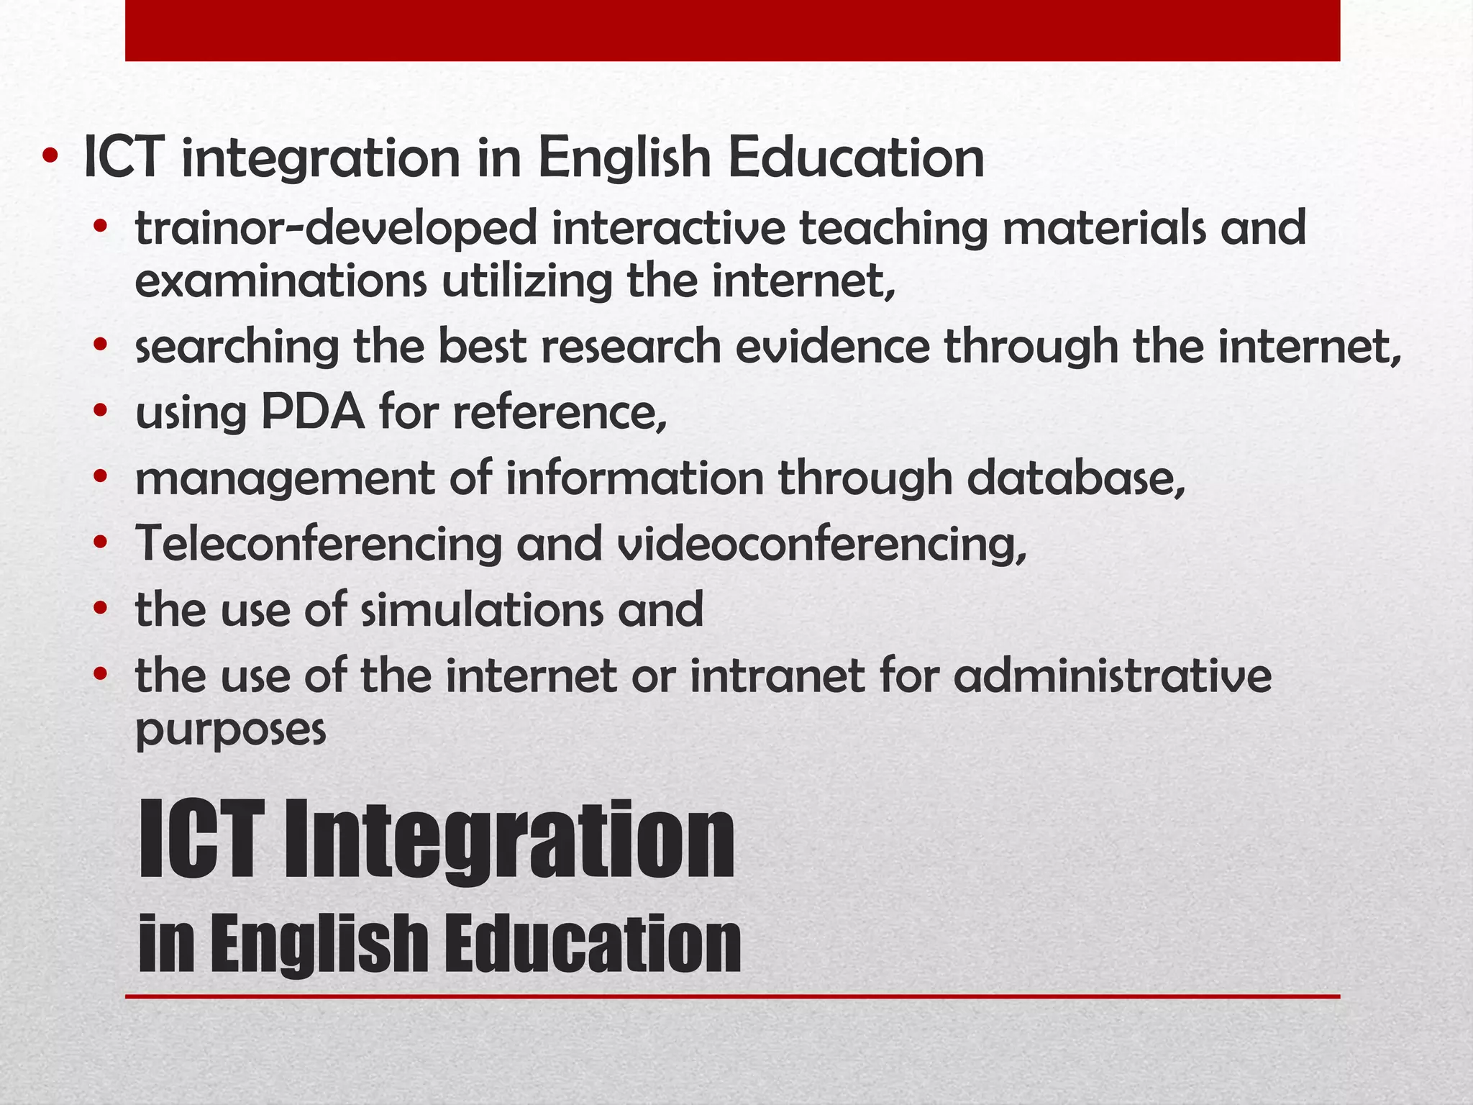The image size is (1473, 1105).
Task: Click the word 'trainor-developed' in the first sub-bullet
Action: click(x=336, y=229)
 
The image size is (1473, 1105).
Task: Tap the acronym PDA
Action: click(x=312, y=413)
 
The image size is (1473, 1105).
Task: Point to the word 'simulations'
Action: click(x=481, y=610)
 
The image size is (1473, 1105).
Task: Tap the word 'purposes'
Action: click(x=231, y=731)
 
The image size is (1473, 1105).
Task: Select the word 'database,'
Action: click(x=1076, y=478)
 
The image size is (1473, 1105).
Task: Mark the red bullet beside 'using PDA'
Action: click(x=100, y=411)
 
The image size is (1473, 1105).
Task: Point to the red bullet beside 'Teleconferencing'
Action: click(x=100, y=543)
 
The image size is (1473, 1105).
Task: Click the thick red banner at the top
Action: click(x=732, y=30)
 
